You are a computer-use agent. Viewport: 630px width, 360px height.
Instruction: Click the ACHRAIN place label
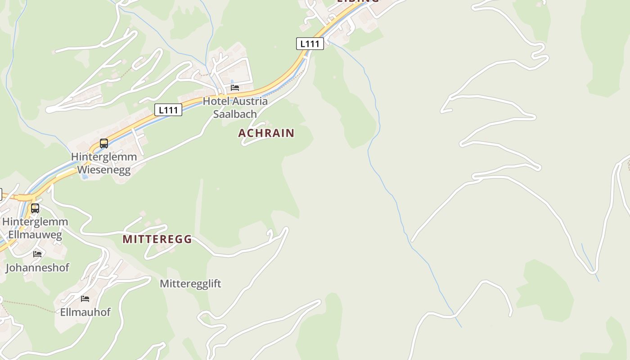click(x=266, y=133)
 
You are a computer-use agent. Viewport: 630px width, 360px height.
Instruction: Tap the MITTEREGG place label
click(x=157, y=239)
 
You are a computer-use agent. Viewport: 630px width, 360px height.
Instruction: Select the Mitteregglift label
click(x=190, y=283)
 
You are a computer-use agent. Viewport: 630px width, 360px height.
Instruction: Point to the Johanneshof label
click(x=37, y=268)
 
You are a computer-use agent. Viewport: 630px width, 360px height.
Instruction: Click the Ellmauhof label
click(x=85, y=312)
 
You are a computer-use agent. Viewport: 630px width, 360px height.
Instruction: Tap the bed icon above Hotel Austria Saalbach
click(x=235, y=88)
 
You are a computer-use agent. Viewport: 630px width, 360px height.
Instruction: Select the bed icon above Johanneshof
click(x=37, y=254)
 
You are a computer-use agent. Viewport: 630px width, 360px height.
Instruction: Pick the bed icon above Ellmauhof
click(x=85, y=298)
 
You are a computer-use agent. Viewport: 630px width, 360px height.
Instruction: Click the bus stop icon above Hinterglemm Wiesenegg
click(x=104, y=144)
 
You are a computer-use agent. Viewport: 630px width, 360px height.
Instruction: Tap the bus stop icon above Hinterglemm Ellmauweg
click(x=35, y=208)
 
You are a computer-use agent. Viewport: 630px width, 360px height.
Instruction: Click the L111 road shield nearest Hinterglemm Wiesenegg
click(x=168, y=109)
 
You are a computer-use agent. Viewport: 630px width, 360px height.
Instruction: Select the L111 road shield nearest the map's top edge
click(x=310, y=44)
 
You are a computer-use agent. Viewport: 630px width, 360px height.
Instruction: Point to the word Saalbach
click(x=235, y=114)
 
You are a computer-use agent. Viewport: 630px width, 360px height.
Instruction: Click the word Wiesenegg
click(x=104, y=170)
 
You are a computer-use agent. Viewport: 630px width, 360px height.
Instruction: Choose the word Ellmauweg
click(x=35, y=234)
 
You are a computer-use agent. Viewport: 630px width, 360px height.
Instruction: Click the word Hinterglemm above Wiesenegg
click(x=104, y=157)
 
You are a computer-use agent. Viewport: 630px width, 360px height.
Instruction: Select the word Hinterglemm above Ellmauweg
click(x=35, y=222)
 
